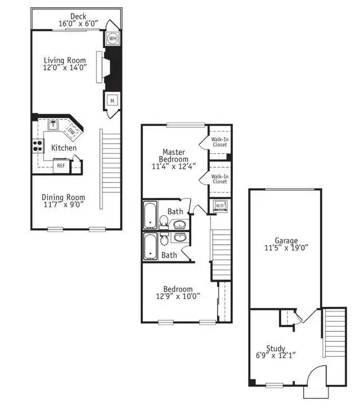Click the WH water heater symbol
(x=113, y=39)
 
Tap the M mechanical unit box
(x=112, y=101)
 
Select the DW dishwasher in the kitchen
(x=71, y=130)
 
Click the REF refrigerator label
(x=61, y=166)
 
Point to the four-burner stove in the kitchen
(x=38, y=146)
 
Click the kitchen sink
(x=53, y=125)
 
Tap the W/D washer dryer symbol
(x=220, y=206)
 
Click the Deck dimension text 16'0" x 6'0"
(x=78, y=24)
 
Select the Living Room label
(x=65, y=60)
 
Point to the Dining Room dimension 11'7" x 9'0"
(x=64, y=205)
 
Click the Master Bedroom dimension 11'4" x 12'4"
(x=174, y=166)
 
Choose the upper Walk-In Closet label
(x=220, y=142)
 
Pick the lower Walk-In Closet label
(x=220, y=179)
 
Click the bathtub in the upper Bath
(x=150, y=215)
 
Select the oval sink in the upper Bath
(x=179, y=224)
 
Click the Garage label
(x=286, y=241)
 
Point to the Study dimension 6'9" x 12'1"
(x=276, y=355)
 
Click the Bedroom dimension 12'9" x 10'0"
(x=178, y=296)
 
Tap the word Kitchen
(x=64, y=148)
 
